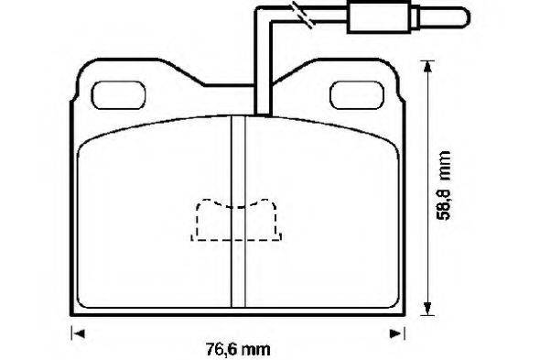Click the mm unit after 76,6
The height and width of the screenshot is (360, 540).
click(x=261, y=349)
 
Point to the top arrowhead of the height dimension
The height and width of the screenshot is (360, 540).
click(x=427, y=67)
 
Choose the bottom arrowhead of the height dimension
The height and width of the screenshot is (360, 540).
click(x=427, y=307)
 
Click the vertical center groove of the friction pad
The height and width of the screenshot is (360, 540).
click(x=237, y=211)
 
